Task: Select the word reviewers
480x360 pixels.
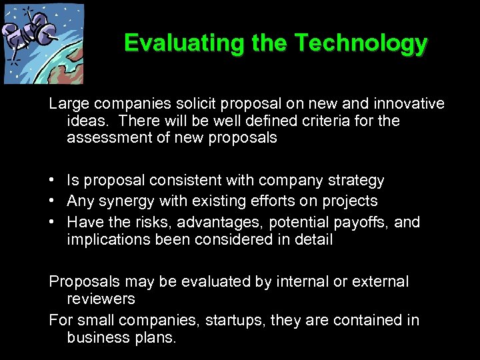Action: point(101,299)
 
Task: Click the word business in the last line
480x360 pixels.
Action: point(97,337)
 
